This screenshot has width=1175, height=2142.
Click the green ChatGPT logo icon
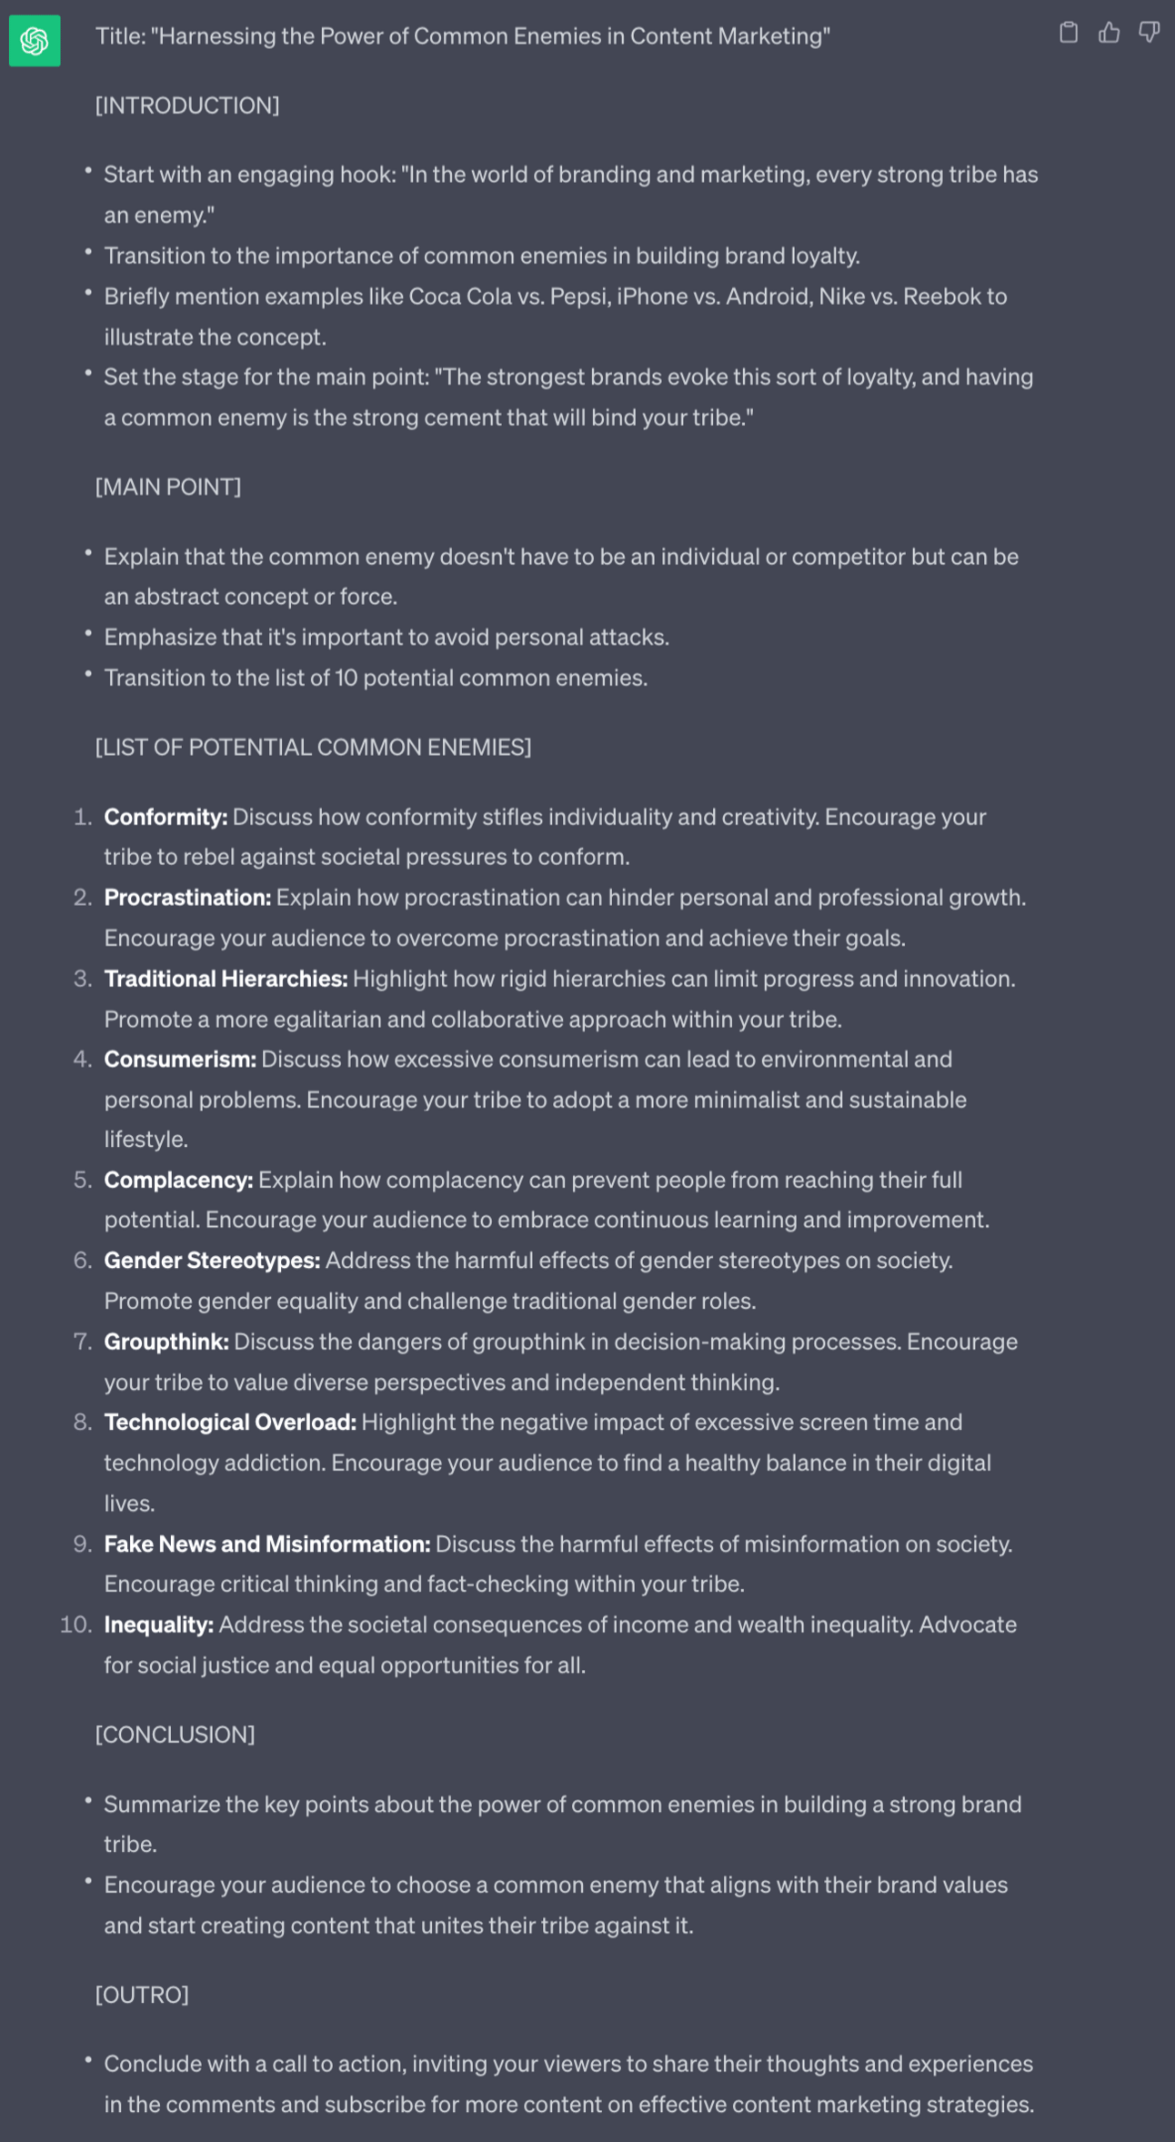pos(35,41)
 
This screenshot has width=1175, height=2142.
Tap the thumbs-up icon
pos(1109,34)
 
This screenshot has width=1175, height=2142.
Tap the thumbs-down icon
pos(1149,34)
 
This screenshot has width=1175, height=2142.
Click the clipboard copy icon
pos(1069,34)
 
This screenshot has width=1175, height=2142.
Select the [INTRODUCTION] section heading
pos(187,106)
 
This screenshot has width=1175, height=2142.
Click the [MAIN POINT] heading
pos(168,487)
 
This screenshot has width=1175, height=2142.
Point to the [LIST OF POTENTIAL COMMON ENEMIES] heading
pos(313,747)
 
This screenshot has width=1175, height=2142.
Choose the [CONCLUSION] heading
pos(175,1734)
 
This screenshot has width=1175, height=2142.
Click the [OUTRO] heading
pos(142,1994)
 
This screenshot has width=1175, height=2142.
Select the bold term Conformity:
pos(166,817)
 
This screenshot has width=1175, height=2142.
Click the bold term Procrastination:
pos(187,898)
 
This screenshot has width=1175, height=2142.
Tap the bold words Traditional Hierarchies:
pos(226,979)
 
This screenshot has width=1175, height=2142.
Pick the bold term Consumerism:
pos(180,1059)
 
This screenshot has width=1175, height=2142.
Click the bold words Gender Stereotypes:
pos(212,1261)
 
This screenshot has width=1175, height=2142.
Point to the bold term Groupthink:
pos(166,1342)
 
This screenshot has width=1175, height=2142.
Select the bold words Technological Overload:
pos(230,1423)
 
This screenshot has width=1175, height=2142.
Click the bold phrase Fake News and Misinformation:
pos(267,1544)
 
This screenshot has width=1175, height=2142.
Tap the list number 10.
pos(76,1624)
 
